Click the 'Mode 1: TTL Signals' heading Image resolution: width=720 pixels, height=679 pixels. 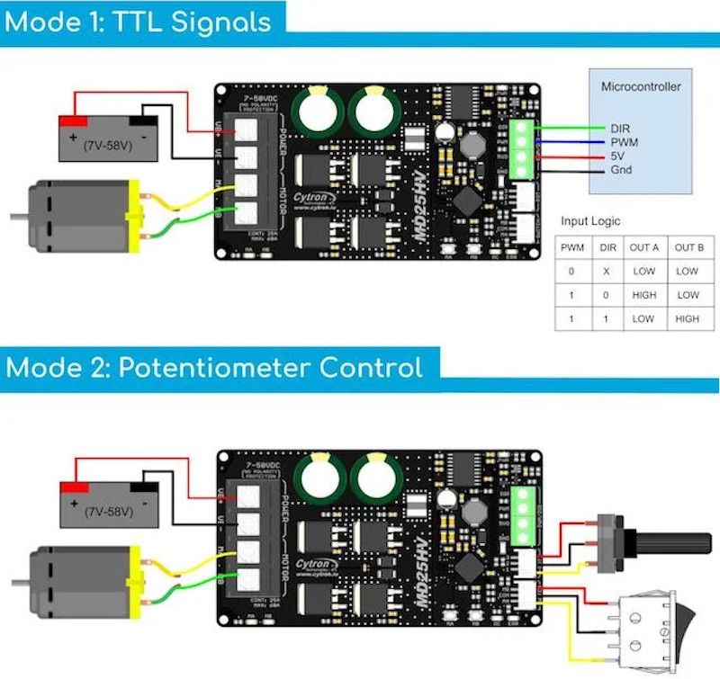[x=137, y=20]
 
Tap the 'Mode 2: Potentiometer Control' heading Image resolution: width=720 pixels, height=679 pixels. [x=213, y=367]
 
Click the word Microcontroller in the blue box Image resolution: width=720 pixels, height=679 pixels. [x=641, y=87]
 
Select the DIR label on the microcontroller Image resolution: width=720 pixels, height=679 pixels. [x=620, y=129]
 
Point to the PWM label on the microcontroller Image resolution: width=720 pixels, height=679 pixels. [x=623, y=142]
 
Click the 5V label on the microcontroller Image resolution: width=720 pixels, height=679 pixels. [x=617, y=156]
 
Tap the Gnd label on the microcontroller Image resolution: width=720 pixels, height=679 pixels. [x=620, y=169]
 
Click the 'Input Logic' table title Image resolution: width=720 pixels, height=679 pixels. [x=590, y=220]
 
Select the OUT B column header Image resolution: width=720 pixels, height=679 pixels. [x=687, y=246]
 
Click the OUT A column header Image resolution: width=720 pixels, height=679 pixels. [x=643, y=246]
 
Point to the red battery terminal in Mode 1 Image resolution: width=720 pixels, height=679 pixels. [x=73, y=121]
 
